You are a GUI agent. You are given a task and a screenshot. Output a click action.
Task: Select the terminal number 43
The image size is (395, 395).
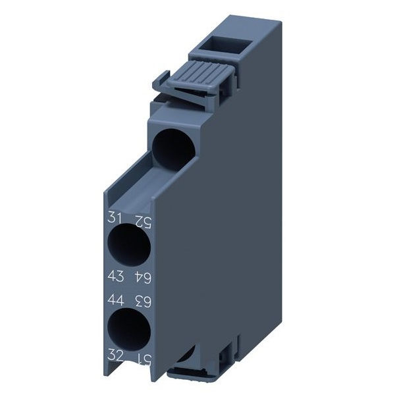coord(113,275)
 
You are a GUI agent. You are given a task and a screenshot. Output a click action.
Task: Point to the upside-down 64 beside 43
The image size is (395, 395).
coord(141,275)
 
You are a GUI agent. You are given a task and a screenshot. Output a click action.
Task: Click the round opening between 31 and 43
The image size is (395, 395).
coord(126,244)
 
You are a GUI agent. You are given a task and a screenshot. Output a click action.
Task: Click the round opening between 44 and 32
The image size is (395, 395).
coord(126,329)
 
